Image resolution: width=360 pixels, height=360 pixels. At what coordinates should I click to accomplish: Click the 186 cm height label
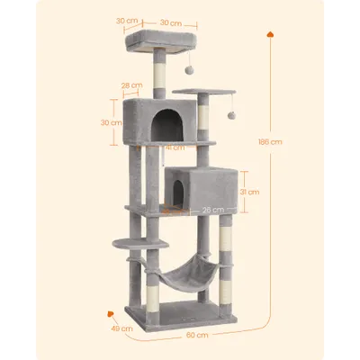(270, 141)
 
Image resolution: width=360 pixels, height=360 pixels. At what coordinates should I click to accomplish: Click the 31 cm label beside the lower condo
(249, 192)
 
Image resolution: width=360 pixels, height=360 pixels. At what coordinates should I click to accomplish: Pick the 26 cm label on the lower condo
(213, 210)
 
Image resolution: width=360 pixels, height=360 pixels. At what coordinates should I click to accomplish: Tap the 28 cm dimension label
(131, 85)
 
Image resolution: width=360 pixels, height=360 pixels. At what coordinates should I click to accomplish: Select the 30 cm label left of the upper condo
(111, 122)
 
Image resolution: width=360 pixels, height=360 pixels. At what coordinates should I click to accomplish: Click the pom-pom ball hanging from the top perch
(189, 69)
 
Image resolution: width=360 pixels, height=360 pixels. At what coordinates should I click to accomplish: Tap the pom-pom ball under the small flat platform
(231, 115)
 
